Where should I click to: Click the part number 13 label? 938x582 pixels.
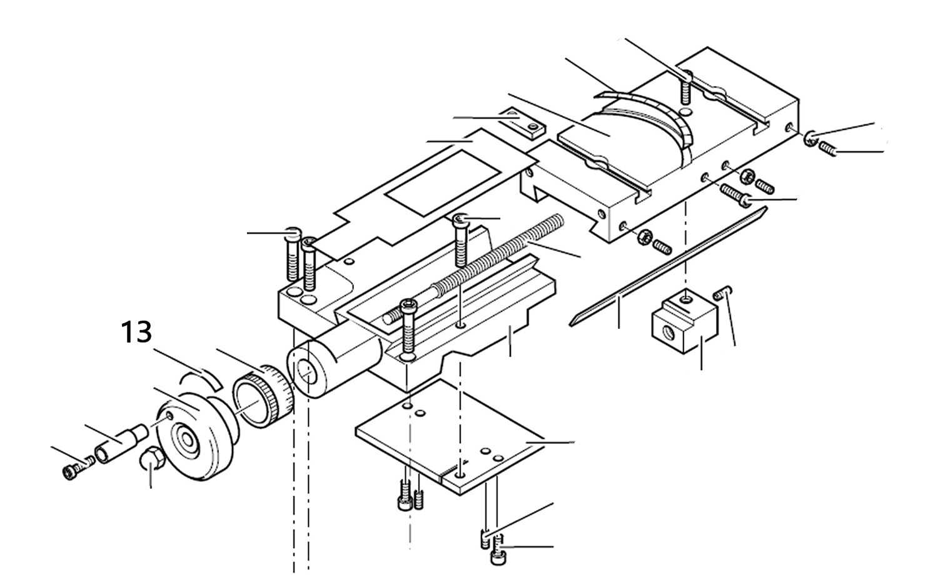point(136,333)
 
